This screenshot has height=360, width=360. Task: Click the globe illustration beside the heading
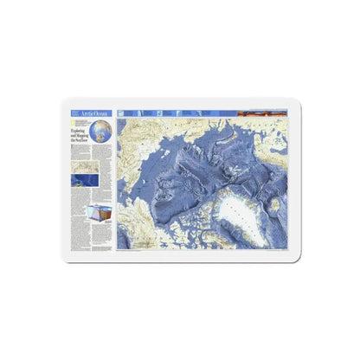103,132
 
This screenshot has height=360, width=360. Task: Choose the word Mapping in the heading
81,134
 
